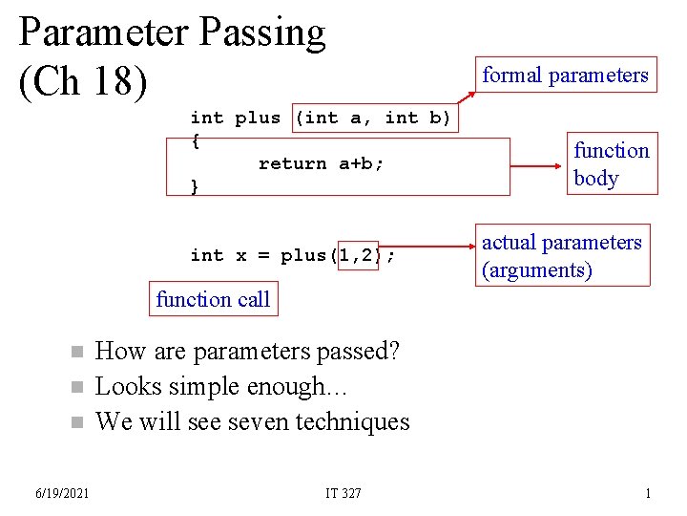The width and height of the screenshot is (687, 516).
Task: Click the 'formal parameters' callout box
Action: [x=565, y=75]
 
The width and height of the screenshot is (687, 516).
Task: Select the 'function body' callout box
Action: [x=611, y=163]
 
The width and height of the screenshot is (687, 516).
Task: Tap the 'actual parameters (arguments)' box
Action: [x=562, y=256]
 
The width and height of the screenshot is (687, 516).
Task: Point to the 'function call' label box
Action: [x=213, y=299]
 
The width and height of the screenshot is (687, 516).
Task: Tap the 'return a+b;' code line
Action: [x=321, y=163]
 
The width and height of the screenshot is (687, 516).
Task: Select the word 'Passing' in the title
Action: [x=262, y=32]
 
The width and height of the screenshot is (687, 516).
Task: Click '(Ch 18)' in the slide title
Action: [x=84, y=81]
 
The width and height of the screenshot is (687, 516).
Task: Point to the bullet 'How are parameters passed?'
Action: [x=248, y=352]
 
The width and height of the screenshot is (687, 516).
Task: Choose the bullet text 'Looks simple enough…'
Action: [x=223, y=387]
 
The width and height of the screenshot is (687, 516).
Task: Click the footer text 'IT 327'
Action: [x=343, y=493]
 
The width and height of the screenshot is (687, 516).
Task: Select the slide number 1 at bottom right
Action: [x=648, y=493]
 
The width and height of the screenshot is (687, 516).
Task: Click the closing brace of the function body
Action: [x=196, y=186]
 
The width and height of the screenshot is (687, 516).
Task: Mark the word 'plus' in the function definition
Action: [x=258, y=118]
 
